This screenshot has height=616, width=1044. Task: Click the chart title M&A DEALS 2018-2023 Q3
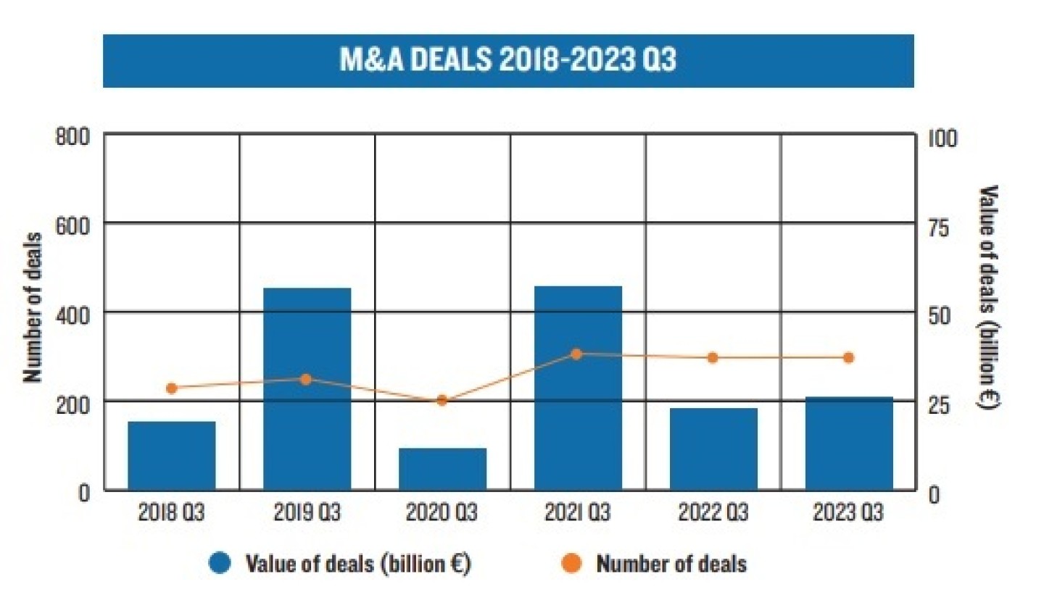click(507, 59)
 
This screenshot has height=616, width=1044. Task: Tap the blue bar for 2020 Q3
click(442, 469)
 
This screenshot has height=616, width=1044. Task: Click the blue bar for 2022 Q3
click(713, 449)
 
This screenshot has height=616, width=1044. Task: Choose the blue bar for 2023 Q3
click(849, 444)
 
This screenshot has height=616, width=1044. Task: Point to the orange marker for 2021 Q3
click(576, 354)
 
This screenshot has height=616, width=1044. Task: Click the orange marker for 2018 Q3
click(172, 388)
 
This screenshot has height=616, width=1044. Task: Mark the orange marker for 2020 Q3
click(442, 401)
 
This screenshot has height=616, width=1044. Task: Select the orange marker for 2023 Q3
click(849, 357)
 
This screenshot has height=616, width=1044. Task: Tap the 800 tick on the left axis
click(72, 136)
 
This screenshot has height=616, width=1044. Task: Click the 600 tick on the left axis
click(72, 226)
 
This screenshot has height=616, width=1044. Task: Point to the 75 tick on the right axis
click(938, 228)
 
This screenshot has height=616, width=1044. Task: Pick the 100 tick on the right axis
click(942, 138)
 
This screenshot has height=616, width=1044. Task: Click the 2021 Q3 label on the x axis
click(577, 512)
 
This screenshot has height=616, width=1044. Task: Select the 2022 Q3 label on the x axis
click(713, 512)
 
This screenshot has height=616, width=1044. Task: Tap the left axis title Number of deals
click(33, 307)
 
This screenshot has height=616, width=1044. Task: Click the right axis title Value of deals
click(988, 297)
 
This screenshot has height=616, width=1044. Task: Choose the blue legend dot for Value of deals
click(220, 563)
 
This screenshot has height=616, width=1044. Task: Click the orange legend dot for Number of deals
click(571, 563)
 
